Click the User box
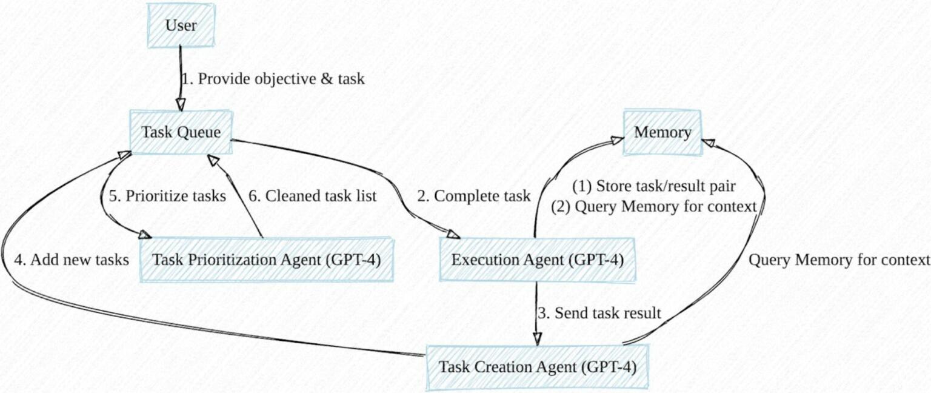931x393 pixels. coord(181,25)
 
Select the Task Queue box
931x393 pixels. coord(181,132)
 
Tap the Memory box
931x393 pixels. coord(662,132)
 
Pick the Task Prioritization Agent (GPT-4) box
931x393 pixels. coord(267,260)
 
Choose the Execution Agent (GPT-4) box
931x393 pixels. coord(537,260)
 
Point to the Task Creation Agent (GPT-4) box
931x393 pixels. coord(537,367)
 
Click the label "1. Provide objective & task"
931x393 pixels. coord(273,79)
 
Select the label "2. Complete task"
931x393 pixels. coord(473,196)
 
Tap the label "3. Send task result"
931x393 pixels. coord(599,313)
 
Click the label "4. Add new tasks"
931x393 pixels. coord(72,260)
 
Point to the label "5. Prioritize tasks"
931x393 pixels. coord(168,196)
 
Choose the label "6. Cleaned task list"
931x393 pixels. coord(313,196)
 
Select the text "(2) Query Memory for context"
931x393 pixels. coord(654,207)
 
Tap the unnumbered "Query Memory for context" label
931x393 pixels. coord(839,260)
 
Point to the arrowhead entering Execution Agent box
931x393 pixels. coord(453,233)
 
